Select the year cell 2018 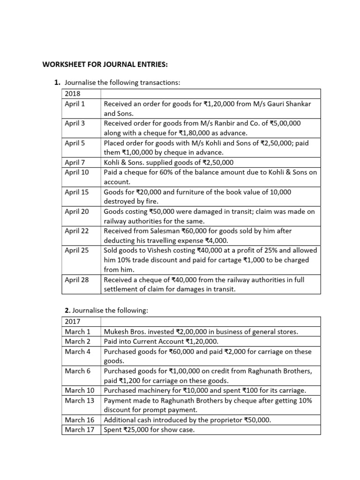73,93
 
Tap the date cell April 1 75,104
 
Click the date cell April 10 76,172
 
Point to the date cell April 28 76,280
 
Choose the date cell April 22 76,231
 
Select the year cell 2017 73,322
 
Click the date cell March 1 76,331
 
